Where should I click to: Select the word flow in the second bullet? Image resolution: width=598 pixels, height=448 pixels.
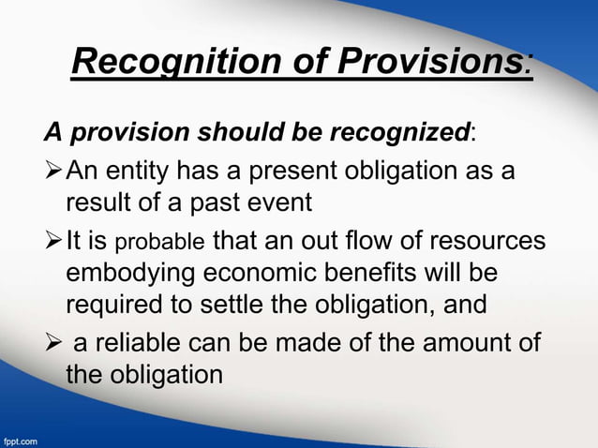click(383, 242)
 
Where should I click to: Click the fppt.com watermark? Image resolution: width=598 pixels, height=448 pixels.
click(21, 439)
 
